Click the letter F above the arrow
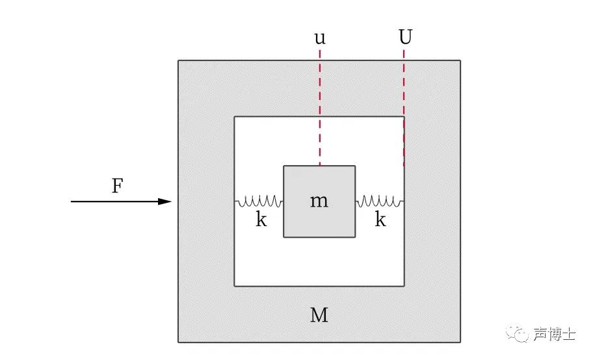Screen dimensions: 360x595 (x=117, y=186)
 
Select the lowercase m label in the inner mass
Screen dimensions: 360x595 (x=319, y=201)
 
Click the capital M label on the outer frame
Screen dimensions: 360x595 (x=319, y=316)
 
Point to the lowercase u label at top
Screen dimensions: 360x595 (x=319, y=38)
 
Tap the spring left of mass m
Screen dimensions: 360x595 (x=259, y=201)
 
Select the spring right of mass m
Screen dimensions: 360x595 (x=380, y=201)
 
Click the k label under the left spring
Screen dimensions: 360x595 (x=261, y=220)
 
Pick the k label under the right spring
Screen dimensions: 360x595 (x=380, y=220)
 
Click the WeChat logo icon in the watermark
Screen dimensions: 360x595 (x=521, y=335)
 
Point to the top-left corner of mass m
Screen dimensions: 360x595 (x=284, y=166)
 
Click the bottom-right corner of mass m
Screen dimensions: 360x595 (x=354, y=237)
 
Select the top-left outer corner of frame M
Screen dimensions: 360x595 (x=179, y=61)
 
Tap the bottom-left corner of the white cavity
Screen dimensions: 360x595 (x=235, y=285)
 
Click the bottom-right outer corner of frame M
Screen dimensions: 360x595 (x=460, y=342)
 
